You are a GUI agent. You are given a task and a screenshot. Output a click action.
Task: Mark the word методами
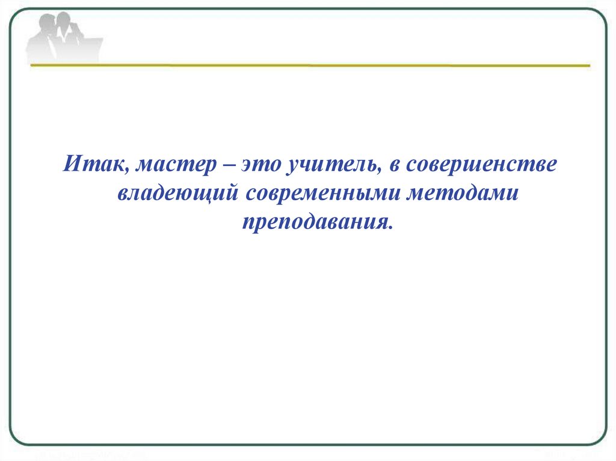[463, 194]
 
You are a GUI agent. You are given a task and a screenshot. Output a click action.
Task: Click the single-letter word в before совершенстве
[395, 166]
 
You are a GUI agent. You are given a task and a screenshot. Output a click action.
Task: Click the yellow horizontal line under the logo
[310, 65]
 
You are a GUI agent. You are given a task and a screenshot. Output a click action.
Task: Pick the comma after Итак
[129, 172]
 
